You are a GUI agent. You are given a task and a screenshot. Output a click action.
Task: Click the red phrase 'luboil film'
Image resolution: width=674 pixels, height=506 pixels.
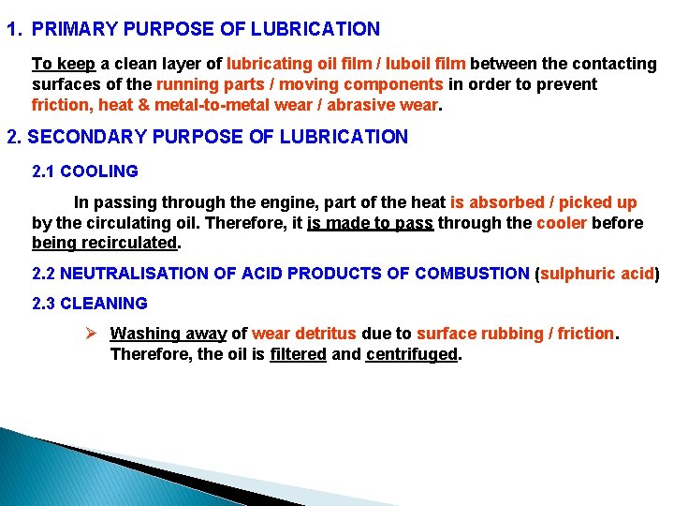pyautogui.click(x=426, y=64)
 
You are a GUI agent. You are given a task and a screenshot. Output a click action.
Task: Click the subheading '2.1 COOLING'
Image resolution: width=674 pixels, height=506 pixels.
pyautogui.click(x=85, y=171)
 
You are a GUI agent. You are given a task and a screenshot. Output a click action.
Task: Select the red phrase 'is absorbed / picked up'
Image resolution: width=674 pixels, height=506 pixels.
pyautogui.click(x=544, y=202)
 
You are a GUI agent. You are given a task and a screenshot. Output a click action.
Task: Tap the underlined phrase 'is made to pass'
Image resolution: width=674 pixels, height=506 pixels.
pyautogui.click(x=371, y=223)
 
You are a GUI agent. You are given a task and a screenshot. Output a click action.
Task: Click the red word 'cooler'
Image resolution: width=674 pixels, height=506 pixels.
pyautogui.click(x=562, y=223)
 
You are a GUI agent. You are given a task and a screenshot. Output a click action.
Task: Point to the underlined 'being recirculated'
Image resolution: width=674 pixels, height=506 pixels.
pyautogui.click(x=104, y=244)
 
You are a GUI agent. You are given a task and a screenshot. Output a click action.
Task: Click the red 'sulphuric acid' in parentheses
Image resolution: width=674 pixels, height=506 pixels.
pyautogui.click(x=596, y=274)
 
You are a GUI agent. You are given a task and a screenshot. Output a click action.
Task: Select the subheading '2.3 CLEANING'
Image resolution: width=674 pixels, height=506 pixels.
pyautogui.click(x=90, y=304)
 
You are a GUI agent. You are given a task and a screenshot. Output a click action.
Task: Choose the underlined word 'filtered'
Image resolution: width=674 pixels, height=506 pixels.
pyautogui.click(x=299, y=354)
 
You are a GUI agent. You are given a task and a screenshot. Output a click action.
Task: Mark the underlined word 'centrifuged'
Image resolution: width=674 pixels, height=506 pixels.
pyautogui.click(x=412, y=354)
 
